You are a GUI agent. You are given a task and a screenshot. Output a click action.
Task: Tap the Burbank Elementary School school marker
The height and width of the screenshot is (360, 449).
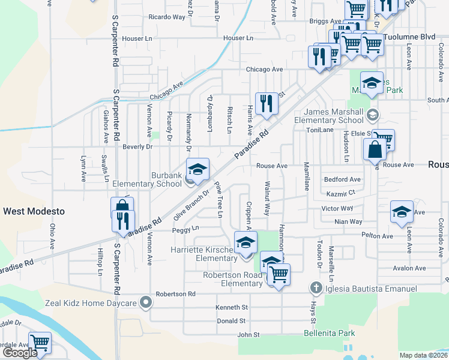197,170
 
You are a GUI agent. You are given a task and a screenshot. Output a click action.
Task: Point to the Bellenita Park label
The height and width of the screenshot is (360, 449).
330,333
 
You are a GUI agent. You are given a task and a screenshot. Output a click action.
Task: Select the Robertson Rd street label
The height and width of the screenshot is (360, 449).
175,294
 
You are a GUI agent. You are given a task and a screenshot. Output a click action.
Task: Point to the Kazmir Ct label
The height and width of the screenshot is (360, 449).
341,193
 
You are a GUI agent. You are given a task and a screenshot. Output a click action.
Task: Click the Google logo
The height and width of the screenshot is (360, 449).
19,353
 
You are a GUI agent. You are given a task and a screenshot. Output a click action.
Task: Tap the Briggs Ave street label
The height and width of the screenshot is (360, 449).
323,21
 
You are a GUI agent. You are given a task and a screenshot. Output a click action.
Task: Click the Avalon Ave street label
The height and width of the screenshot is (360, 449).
409,268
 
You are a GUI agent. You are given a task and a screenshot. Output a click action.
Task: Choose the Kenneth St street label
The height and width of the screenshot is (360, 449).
231,307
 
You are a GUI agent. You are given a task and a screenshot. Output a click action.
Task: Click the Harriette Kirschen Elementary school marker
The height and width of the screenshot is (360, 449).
245,242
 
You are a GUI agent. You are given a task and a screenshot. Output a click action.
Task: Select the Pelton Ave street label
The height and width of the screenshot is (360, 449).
378,236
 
